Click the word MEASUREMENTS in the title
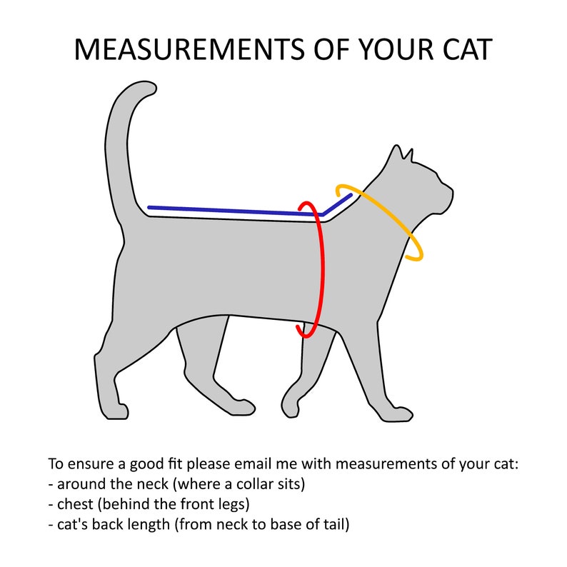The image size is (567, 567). [190, 49]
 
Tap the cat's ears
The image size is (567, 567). [402, 153]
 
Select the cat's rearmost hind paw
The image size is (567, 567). [115, 411]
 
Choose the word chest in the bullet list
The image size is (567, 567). [75, 504]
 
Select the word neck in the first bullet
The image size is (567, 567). [151, 484]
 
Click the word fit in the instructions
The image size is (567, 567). [176, 463]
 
